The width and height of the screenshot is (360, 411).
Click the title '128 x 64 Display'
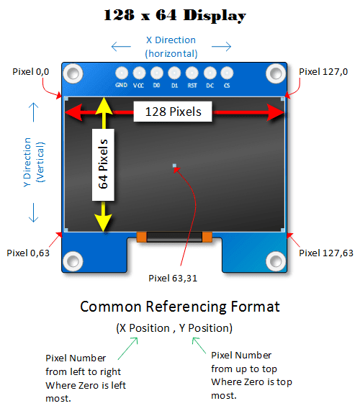coord(174,15)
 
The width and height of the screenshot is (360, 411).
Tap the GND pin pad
coord(121,73)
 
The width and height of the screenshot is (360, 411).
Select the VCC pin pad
coord(138,73)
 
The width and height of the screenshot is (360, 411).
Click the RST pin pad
coord(192,73)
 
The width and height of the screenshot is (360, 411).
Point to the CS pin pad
coord(227,73)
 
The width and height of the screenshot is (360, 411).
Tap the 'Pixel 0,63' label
coord(29,253)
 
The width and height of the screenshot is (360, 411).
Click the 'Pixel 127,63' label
coord(326,253)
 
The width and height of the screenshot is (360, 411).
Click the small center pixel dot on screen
coord(174,166)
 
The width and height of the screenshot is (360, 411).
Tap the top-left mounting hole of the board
coord(73,73)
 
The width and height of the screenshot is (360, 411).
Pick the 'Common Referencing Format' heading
coord(179,307)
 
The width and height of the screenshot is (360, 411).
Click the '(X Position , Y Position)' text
coord(174,328)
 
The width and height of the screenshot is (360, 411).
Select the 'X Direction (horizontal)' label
coord(171,47)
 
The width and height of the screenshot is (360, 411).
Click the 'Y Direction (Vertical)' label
coord(33,162)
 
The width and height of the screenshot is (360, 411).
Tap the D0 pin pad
coord(156,73)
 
